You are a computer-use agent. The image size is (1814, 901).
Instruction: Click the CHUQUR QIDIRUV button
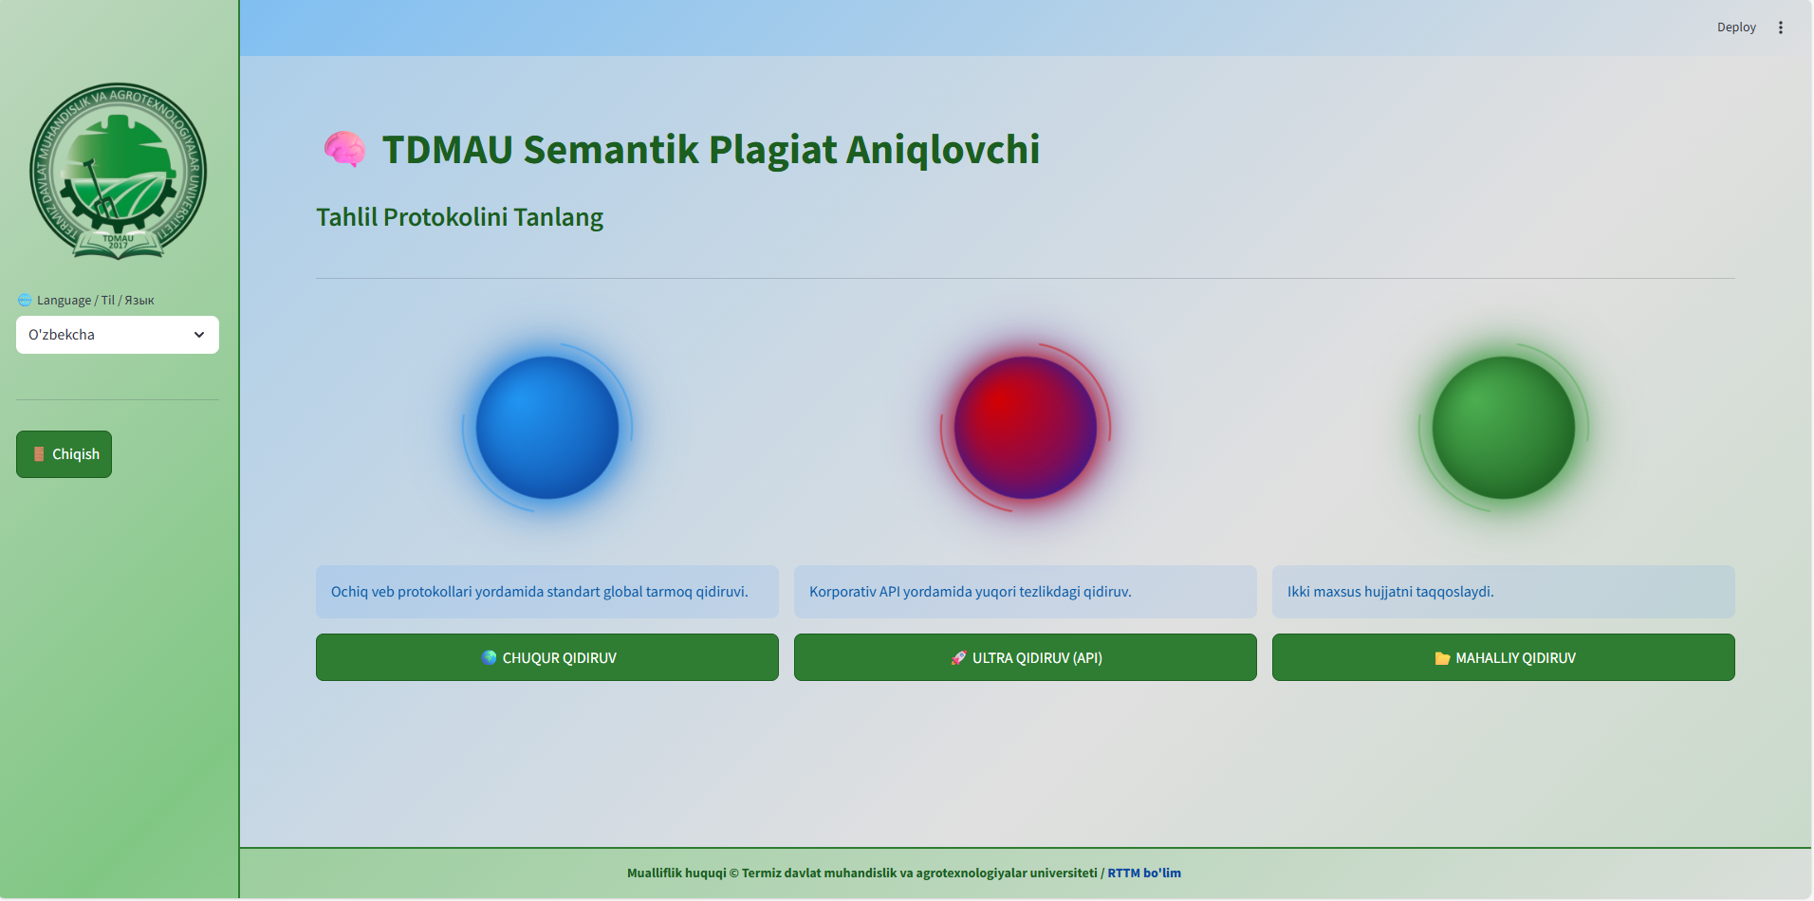[547, 657]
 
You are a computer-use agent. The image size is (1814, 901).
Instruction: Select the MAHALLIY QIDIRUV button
[1504, 657]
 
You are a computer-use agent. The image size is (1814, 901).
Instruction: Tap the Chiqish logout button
[64, 454]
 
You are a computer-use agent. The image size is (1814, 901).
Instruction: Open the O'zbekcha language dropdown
[118, 335]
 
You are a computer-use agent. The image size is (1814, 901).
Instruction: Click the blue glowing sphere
[547, 428]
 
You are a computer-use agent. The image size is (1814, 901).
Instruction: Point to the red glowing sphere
[1026, 428]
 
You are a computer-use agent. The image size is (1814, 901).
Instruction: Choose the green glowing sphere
[1504, 428]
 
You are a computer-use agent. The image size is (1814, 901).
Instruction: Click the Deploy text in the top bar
[1736, 28]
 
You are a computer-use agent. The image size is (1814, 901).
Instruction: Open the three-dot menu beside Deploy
[1781, 28]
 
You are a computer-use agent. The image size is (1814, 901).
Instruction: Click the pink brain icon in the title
[344, 149]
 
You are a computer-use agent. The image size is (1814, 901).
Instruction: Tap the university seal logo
[118, 171]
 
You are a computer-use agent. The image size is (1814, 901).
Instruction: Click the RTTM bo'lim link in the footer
[1144, 873]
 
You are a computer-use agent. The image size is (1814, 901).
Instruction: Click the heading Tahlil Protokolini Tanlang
[459, 217]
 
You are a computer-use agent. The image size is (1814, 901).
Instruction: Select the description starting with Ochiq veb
[540, 592]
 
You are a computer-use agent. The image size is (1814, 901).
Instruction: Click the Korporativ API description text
[971, 592]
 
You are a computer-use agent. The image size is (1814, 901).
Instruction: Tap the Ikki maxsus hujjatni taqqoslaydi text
[1391, 592]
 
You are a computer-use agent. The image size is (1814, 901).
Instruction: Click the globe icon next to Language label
[25, 300]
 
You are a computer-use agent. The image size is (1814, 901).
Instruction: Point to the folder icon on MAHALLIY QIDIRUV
[1442, 658]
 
